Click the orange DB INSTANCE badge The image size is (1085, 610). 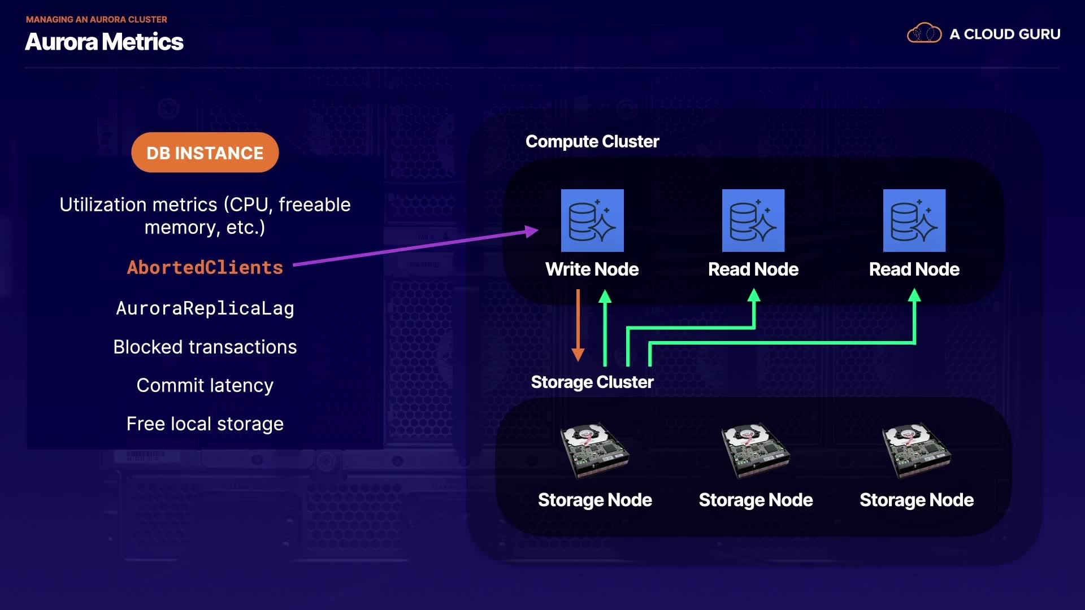205,152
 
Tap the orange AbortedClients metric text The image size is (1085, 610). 205,267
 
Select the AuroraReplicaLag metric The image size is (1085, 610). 205,308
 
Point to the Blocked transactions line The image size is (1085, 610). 205,347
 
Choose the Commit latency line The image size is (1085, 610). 205,385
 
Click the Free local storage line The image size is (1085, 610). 205,424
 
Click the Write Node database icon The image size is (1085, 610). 592,220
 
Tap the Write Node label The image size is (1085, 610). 592,269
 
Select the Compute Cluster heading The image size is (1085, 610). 592,141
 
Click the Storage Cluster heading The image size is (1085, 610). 592,382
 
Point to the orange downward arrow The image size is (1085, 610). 578,325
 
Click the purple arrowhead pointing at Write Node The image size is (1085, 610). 532,231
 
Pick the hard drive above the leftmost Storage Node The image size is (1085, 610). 594,451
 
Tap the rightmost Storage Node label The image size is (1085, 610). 917,500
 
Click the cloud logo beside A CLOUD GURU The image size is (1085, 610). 925,33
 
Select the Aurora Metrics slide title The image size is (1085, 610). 105,42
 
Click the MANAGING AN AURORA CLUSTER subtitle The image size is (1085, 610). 97,19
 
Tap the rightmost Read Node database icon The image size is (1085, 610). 914,220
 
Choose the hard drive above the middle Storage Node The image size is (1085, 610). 756,451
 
